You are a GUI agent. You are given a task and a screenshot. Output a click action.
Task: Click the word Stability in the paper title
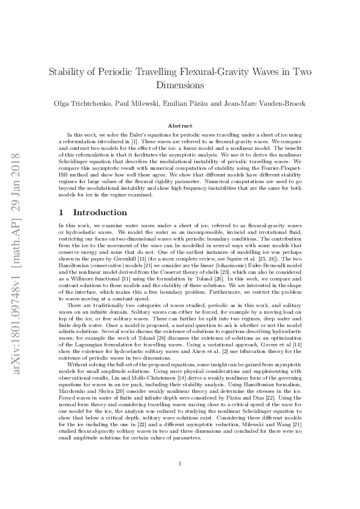(68, 71)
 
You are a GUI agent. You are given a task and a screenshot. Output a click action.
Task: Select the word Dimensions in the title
(180, 85)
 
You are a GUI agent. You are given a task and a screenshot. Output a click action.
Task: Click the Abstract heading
(180, 125)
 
